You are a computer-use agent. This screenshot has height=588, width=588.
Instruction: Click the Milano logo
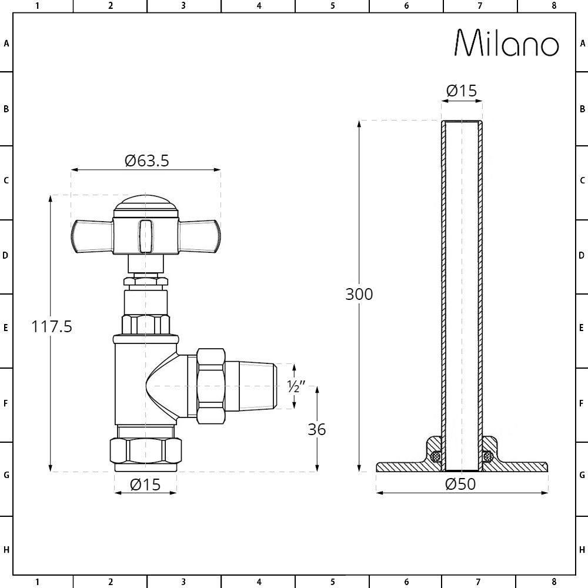[507, 43]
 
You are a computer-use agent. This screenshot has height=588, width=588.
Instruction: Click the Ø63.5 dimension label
[147, 161]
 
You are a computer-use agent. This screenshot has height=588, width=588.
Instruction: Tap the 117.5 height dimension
[51, 326]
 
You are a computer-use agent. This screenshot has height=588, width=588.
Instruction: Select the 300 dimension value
[359, 294]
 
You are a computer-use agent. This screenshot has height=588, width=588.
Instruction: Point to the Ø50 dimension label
[460, 484]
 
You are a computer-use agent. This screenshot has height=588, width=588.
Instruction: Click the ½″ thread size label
[296, 386]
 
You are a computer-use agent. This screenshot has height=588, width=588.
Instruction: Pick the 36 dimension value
[317, 429]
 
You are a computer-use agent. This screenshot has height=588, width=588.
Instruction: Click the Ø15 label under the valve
[145, 485]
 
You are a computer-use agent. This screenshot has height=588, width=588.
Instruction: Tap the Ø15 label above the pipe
[462, 91]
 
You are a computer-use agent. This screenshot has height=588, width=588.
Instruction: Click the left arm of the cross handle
[92, 236]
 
